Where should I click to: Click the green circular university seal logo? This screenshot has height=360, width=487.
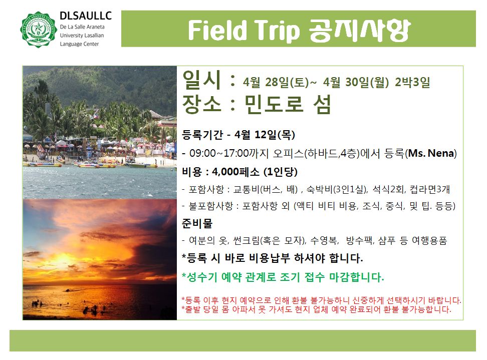(38, 30)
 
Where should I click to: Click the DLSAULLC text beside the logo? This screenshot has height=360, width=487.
(85, 16)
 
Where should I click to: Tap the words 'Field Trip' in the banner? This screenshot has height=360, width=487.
(244, 31)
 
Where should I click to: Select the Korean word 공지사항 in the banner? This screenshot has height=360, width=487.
(359, 30)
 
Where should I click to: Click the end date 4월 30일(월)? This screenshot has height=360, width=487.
(356, 82)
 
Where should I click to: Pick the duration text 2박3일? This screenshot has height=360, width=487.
(412, 82)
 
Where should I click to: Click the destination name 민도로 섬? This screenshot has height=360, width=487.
(288, 104)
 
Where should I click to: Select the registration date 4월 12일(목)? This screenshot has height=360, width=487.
(265, 134)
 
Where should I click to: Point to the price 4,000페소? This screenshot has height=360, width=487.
(235, 172)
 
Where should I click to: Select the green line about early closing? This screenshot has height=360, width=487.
(283, 277)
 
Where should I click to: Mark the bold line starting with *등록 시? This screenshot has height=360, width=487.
(273, 258)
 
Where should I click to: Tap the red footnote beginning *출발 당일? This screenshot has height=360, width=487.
(317, 309)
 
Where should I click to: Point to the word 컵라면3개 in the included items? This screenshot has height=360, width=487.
(429, 189)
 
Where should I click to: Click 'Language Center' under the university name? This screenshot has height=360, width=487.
(79, 44)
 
